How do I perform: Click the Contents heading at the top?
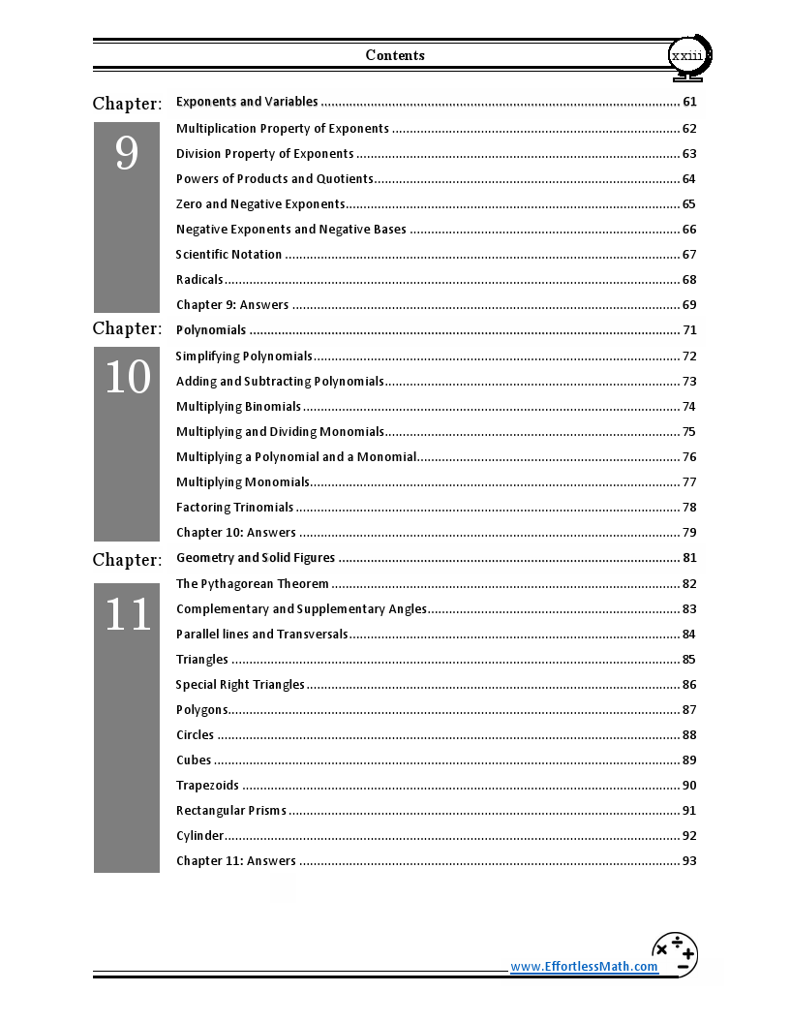click(x=395, y=55)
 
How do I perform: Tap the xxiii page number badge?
click(x=687, y=56)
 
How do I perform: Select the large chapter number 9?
click(x=127, y=154)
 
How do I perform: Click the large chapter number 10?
click(x=127, y=378)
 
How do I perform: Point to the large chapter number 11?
click(x=127, y=615)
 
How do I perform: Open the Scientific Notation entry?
click(x=229, y=255)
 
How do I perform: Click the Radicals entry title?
click(x=199, y=280)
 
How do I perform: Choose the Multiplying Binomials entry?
click(x=238, y=407)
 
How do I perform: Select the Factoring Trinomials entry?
click(x=234, y=508)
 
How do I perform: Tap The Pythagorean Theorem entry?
click(x=253, y=584)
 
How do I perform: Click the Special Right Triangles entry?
click(x=240, y=685)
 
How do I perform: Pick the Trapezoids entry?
click(x=207, y=786)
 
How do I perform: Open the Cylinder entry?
click(x=199, y=836)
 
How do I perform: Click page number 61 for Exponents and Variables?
click(x=689, y=103)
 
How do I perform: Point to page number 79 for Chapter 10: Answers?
click(x=689, y=533)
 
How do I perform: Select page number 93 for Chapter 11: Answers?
click(x=689, y=861)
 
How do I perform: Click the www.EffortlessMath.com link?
click(x=584, y=967)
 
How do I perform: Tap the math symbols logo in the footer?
click(x=675, y=955)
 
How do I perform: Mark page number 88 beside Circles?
click(x=689, y=735)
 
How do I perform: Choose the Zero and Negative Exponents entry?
click(x=260, y=204)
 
